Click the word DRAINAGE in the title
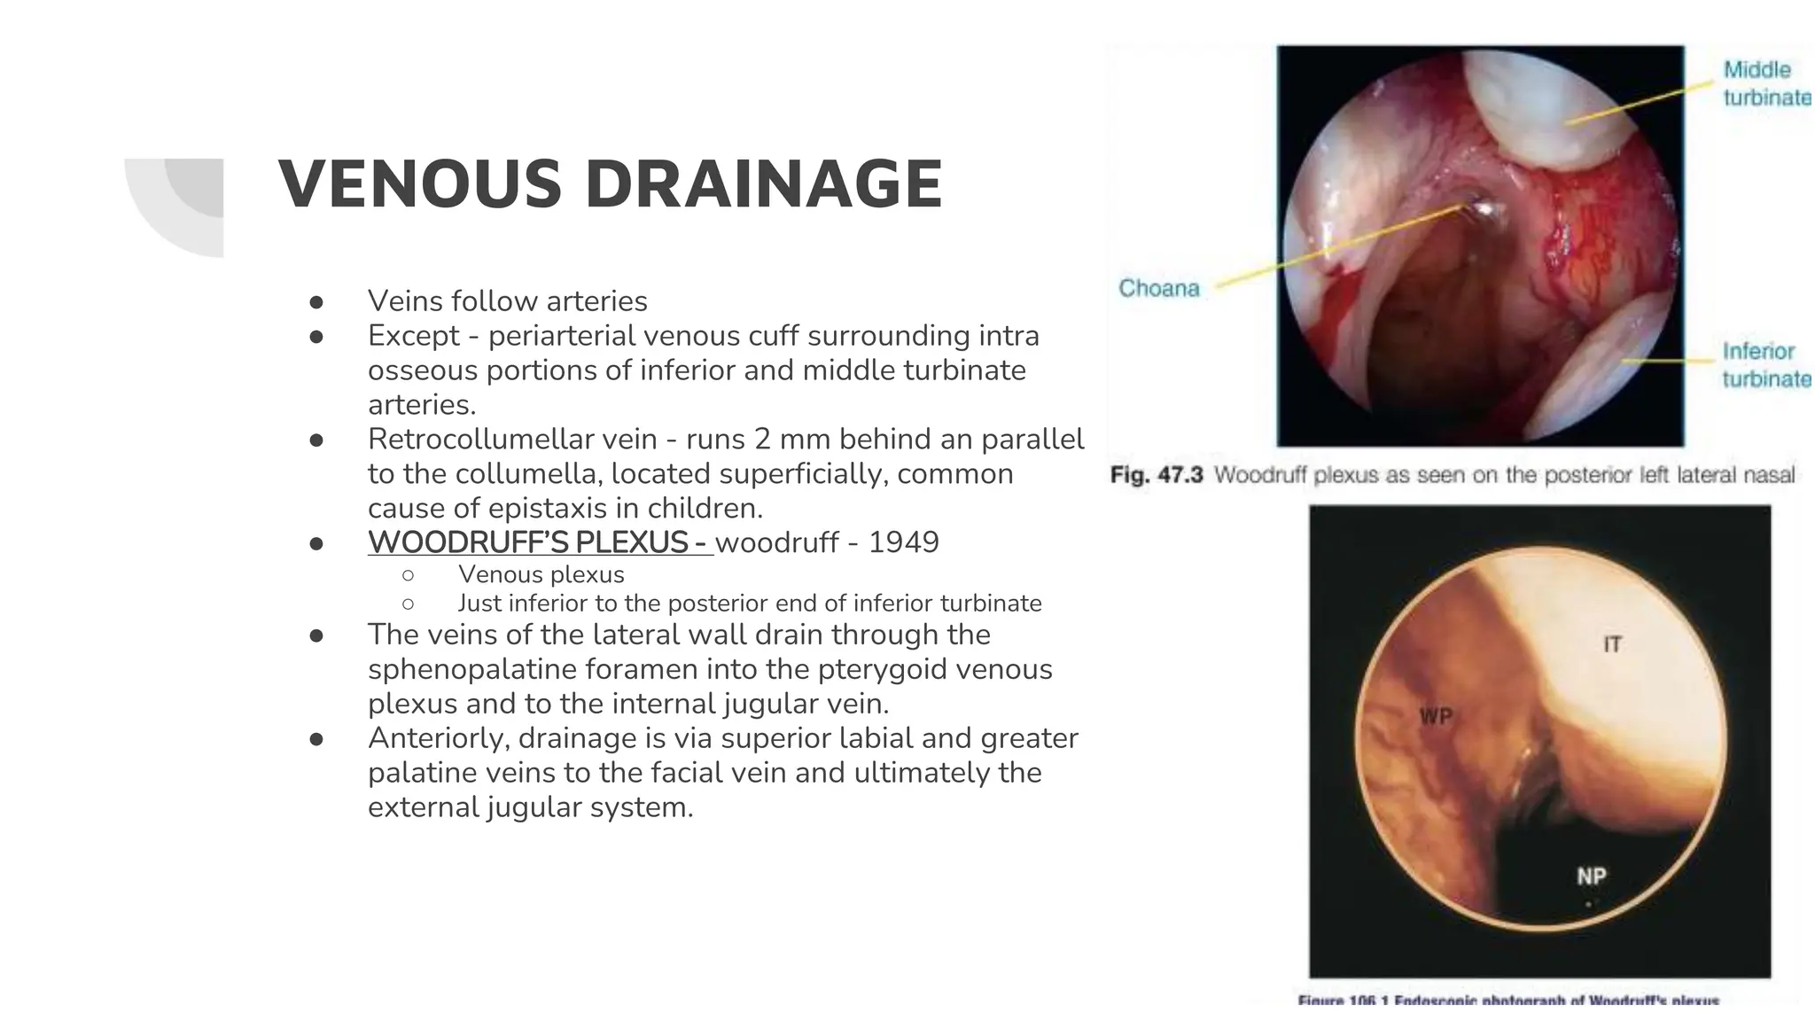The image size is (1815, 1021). tap(763, 184)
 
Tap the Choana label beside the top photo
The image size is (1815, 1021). tap(1158, 288)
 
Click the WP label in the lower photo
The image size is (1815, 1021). tap(1436, 716)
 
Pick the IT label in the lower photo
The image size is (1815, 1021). tap(1612, 644)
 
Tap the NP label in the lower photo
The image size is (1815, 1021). tap(1591, 876)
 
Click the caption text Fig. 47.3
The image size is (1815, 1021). tap(1156, 475)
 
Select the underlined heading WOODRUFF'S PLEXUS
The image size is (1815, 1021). tap(539, 542)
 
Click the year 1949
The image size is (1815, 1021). tap(903, 542)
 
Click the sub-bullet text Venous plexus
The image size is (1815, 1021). tap(541, 574)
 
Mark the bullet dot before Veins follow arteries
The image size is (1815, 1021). tap(315, 301)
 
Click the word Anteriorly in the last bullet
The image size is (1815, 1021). tap(438, 737)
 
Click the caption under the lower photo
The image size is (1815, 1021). tap(1507, 1001)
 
